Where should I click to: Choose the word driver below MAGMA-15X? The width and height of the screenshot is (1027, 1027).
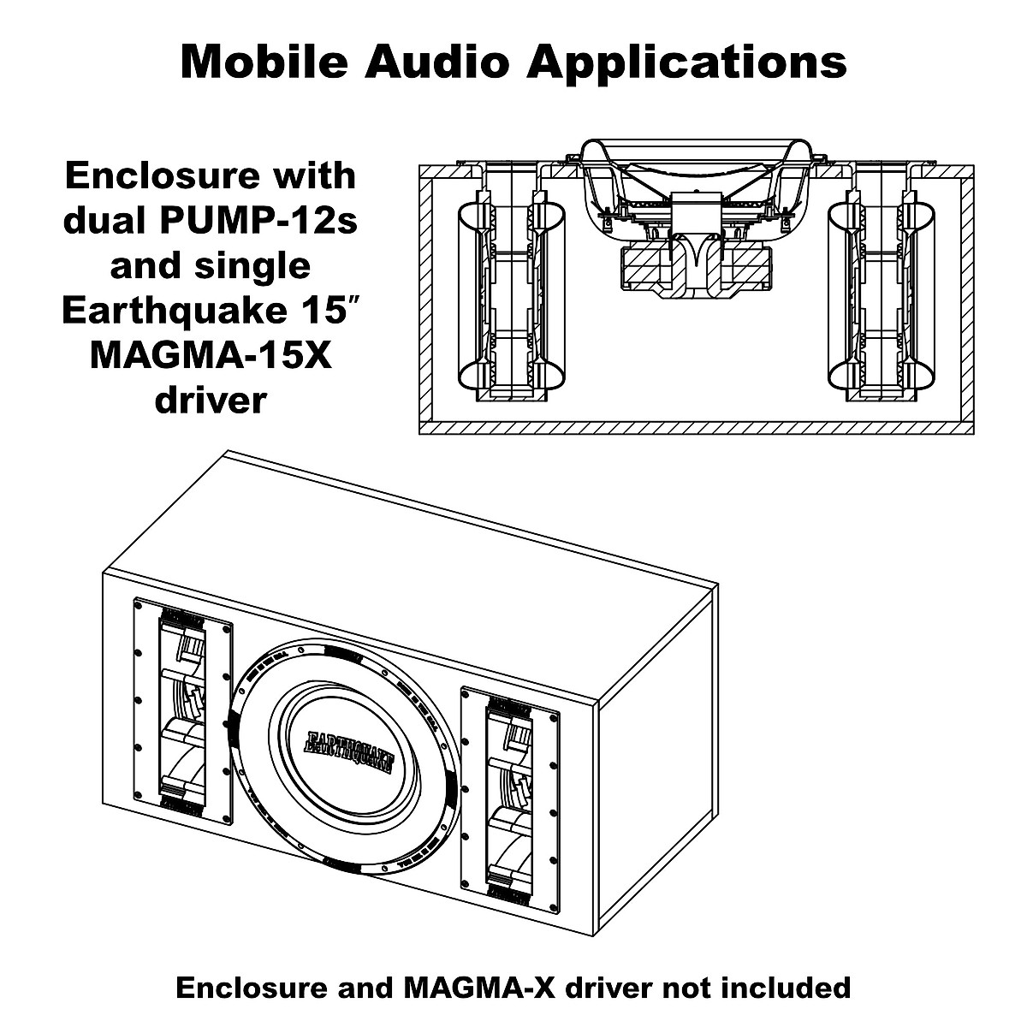pyautogui.click(x=210, y=399)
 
